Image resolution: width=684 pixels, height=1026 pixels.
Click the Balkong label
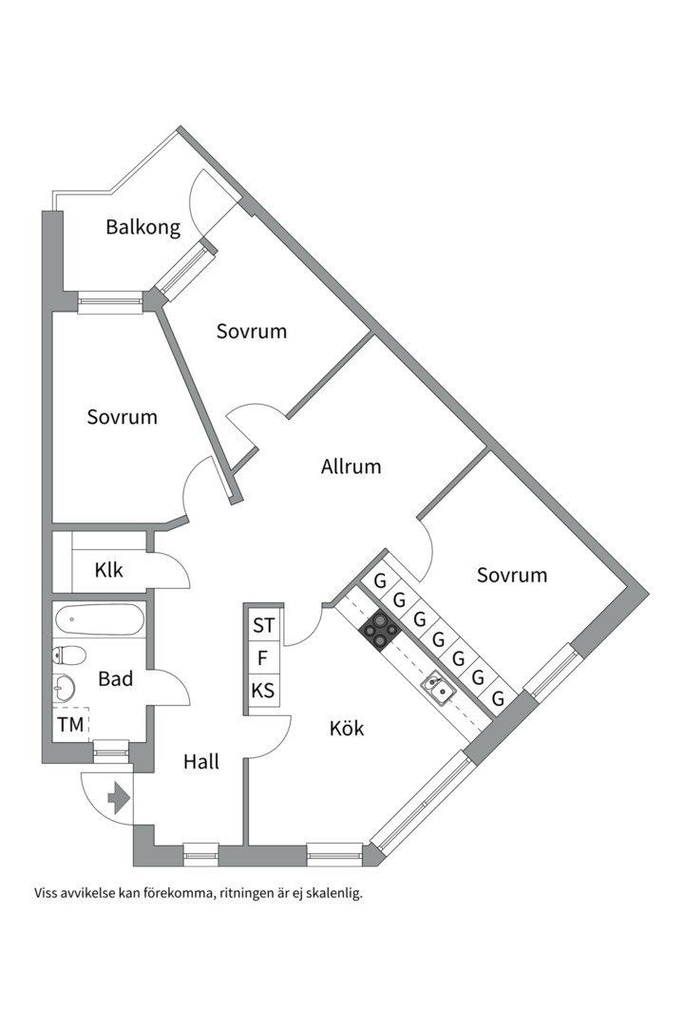[142, 228]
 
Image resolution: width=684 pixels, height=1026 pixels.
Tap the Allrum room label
[351, 466]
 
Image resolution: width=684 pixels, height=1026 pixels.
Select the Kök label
[347, 729]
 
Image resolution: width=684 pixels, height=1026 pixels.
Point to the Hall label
[201, 761]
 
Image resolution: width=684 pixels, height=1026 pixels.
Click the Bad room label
[115, 679]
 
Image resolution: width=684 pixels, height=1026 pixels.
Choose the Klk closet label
[109, 571]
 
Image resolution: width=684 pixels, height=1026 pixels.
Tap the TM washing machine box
[70, 724]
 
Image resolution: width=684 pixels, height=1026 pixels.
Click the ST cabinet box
[263, 626]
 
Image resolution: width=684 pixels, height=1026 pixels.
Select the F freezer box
[263, 657]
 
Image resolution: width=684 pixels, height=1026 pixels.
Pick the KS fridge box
[263, 691]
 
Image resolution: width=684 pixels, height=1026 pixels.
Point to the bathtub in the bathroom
[99, 622]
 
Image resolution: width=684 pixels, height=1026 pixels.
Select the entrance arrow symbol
[119, 798]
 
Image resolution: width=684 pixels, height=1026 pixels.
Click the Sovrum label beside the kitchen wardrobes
[512, 575]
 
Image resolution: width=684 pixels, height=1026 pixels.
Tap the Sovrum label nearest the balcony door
[252, 332]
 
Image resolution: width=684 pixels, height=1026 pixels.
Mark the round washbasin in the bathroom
[64, 686]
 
